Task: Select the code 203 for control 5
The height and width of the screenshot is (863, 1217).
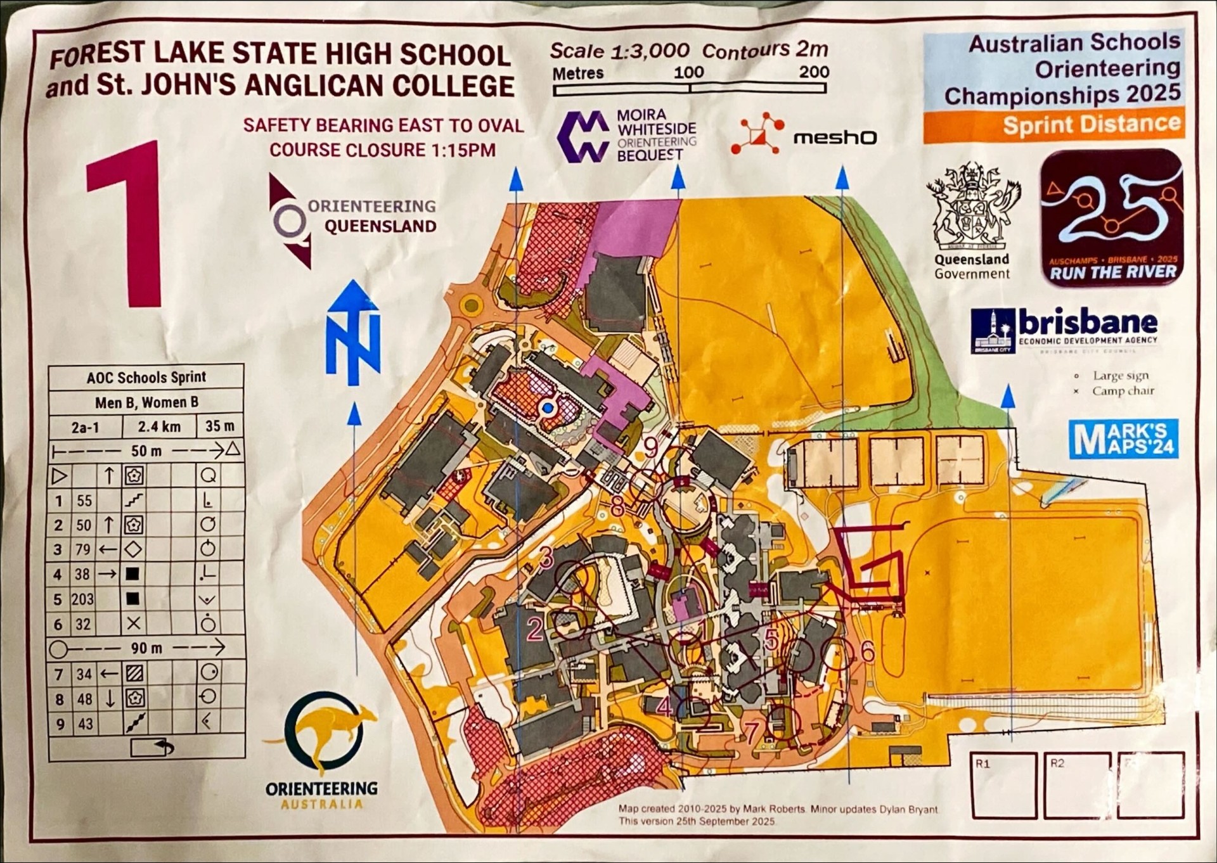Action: (x=82, y=599)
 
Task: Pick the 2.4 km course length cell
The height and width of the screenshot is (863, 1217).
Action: (x=159, y=426)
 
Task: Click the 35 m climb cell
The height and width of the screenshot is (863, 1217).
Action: (x=220, y=426)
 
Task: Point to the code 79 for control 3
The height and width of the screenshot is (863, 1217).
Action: (x=83, y=549)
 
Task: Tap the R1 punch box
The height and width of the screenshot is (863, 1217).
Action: (x=1003, y=785)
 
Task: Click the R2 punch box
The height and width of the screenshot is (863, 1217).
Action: (x=1077, y=785)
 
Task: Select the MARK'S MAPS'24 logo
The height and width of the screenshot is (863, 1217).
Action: (x=1123, y=438)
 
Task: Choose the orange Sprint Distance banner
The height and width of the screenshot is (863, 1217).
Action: (x=1053, y=125)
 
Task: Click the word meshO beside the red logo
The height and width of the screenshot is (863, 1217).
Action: (x=835, y=137)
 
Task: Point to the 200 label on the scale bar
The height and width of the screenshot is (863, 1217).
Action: (x=814, y=72)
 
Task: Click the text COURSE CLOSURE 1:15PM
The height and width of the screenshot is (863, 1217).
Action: (x=382, y=150)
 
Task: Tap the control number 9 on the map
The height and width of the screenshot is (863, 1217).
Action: (x=651, y=447)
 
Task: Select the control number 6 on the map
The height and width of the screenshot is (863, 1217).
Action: (x=867, y=651)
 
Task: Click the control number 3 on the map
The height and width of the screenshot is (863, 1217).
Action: (x=546, y=557)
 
